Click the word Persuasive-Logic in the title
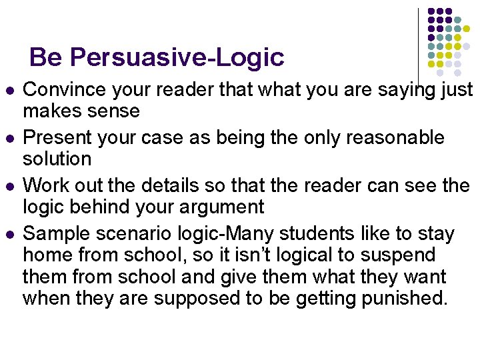coord(177,57)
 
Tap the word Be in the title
coord(45,57)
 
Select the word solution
coord(57,159)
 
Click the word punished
coord(404,297)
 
